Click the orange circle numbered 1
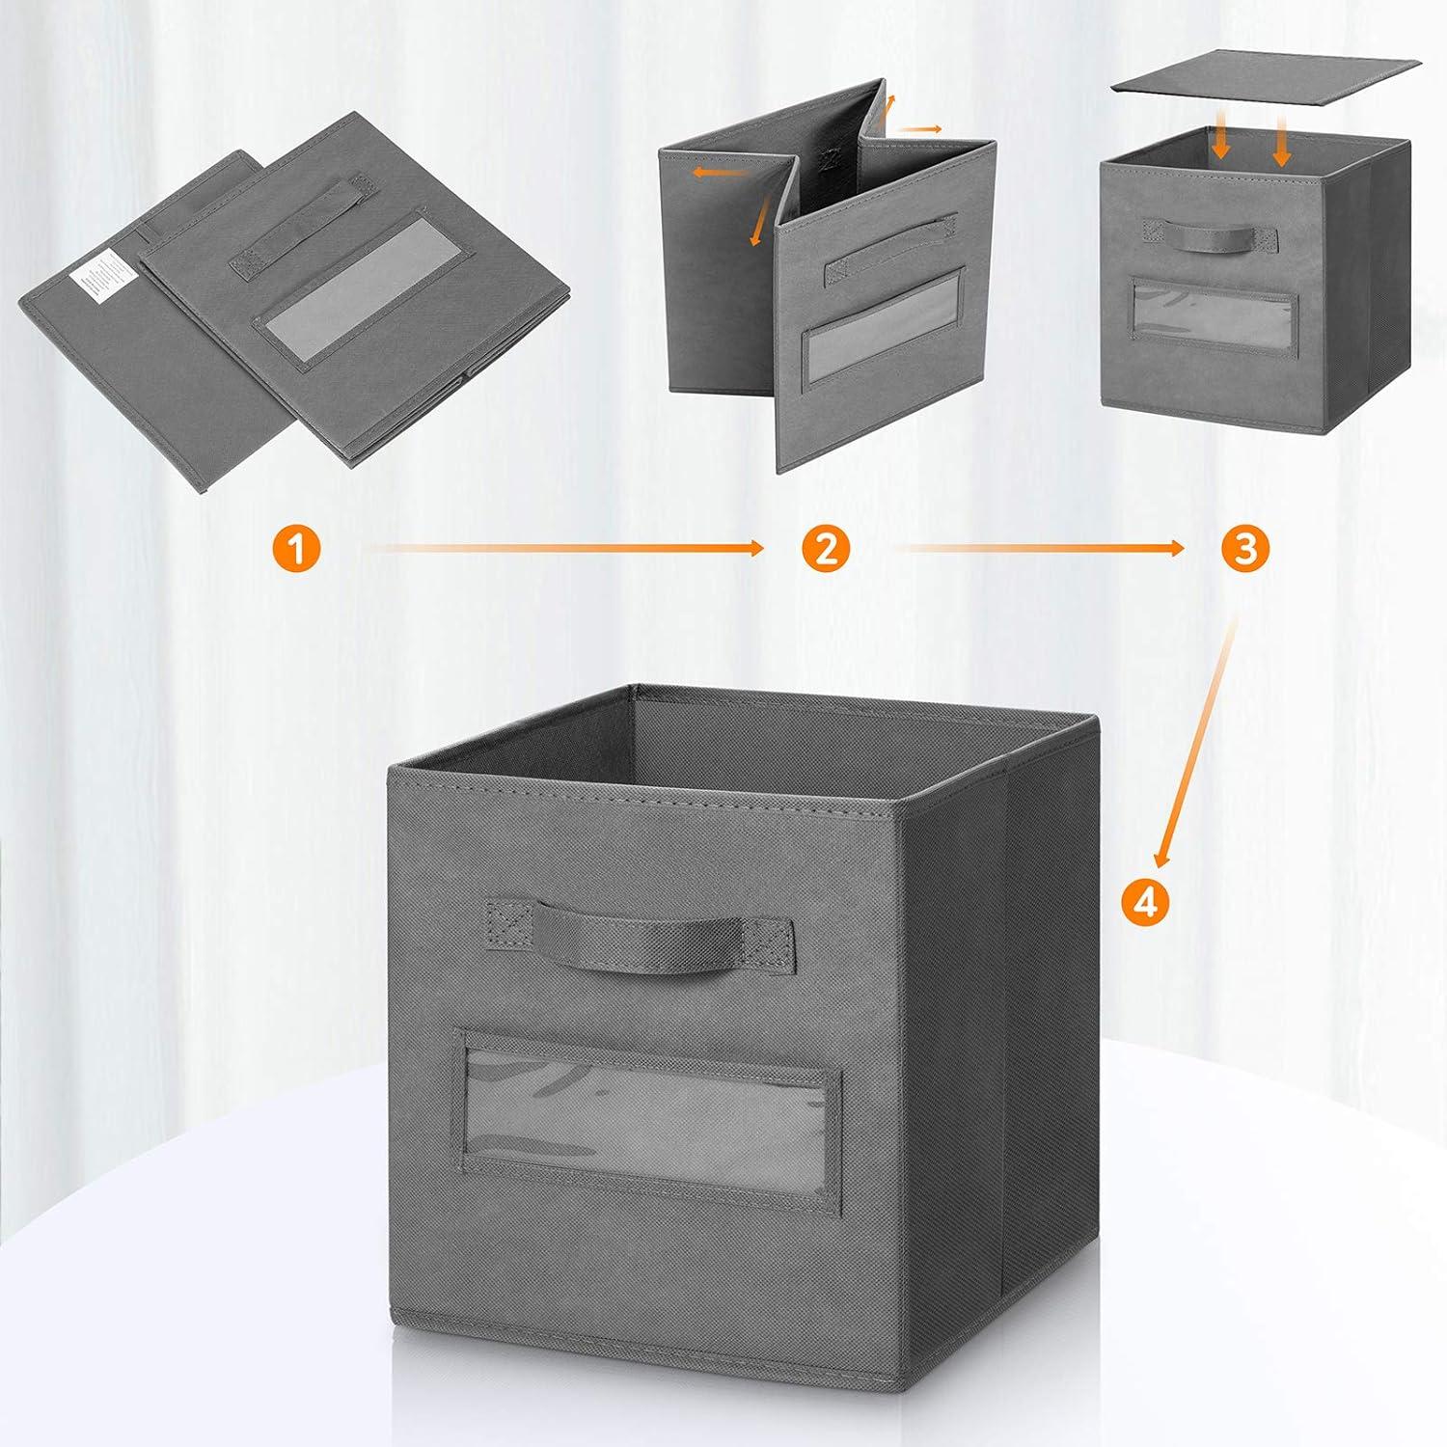click(295, 550)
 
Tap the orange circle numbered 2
click(826, 550)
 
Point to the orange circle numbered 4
click(1145, 901)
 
